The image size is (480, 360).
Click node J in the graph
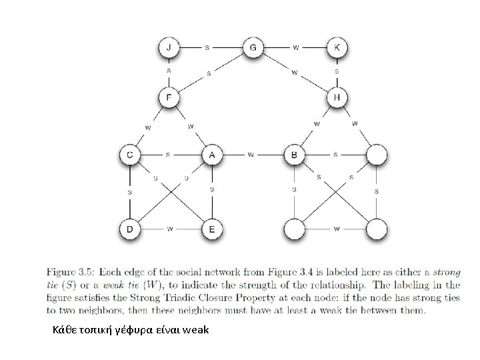(169, 47)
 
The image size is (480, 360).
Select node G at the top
(253, 47)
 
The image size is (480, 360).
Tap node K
(337, 47)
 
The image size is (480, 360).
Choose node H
(337, 98)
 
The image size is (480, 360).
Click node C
(130, 155)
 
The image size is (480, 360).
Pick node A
(212, 155)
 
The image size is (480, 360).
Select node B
(294, 155)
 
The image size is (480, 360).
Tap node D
(130, 229)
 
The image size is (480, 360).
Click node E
(212, 229)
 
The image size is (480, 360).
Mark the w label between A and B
(251, 155)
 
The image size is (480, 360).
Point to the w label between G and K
(296, 47)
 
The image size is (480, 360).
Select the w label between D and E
(171, 229)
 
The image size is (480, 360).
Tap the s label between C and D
(130, 192)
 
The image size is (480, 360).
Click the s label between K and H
(337, 71)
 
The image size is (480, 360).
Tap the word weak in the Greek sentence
(195, 328)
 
